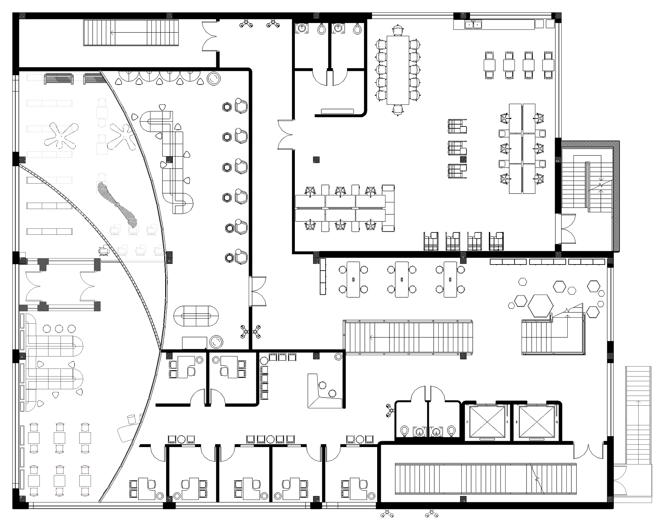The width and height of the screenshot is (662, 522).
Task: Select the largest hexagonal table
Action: click(540, 305)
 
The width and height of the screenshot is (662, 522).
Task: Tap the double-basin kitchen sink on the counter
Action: click(473, 24)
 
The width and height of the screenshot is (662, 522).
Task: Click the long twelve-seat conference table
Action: click(398, 70)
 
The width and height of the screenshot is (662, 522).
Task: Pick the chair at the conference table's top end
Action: click(398, 30)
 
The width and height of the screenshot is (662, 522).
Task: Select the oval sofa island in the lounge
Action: click(196, 316)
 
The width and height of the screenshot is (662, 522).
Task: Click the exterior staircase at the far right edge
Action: click(638, 415)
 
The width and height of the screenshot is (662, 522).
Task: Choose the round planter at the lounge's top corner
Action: click(214, 79)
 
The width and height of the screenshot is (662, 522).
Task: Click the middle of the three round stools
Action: click(59, 329)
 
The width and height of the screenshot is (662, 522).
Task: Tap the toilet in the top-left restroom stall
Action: click(321, 29)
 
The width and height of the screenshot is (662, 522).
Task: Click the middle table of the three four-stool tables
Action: click(402, 279)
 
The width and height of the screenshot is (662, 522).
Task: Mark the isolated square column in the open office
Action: click(316, 160)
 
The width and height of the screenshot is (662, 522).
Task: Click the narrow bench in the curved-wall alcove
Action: click(337, 111)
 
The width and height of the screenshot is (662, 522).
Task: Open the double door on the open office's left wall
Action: click(285, 135)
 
